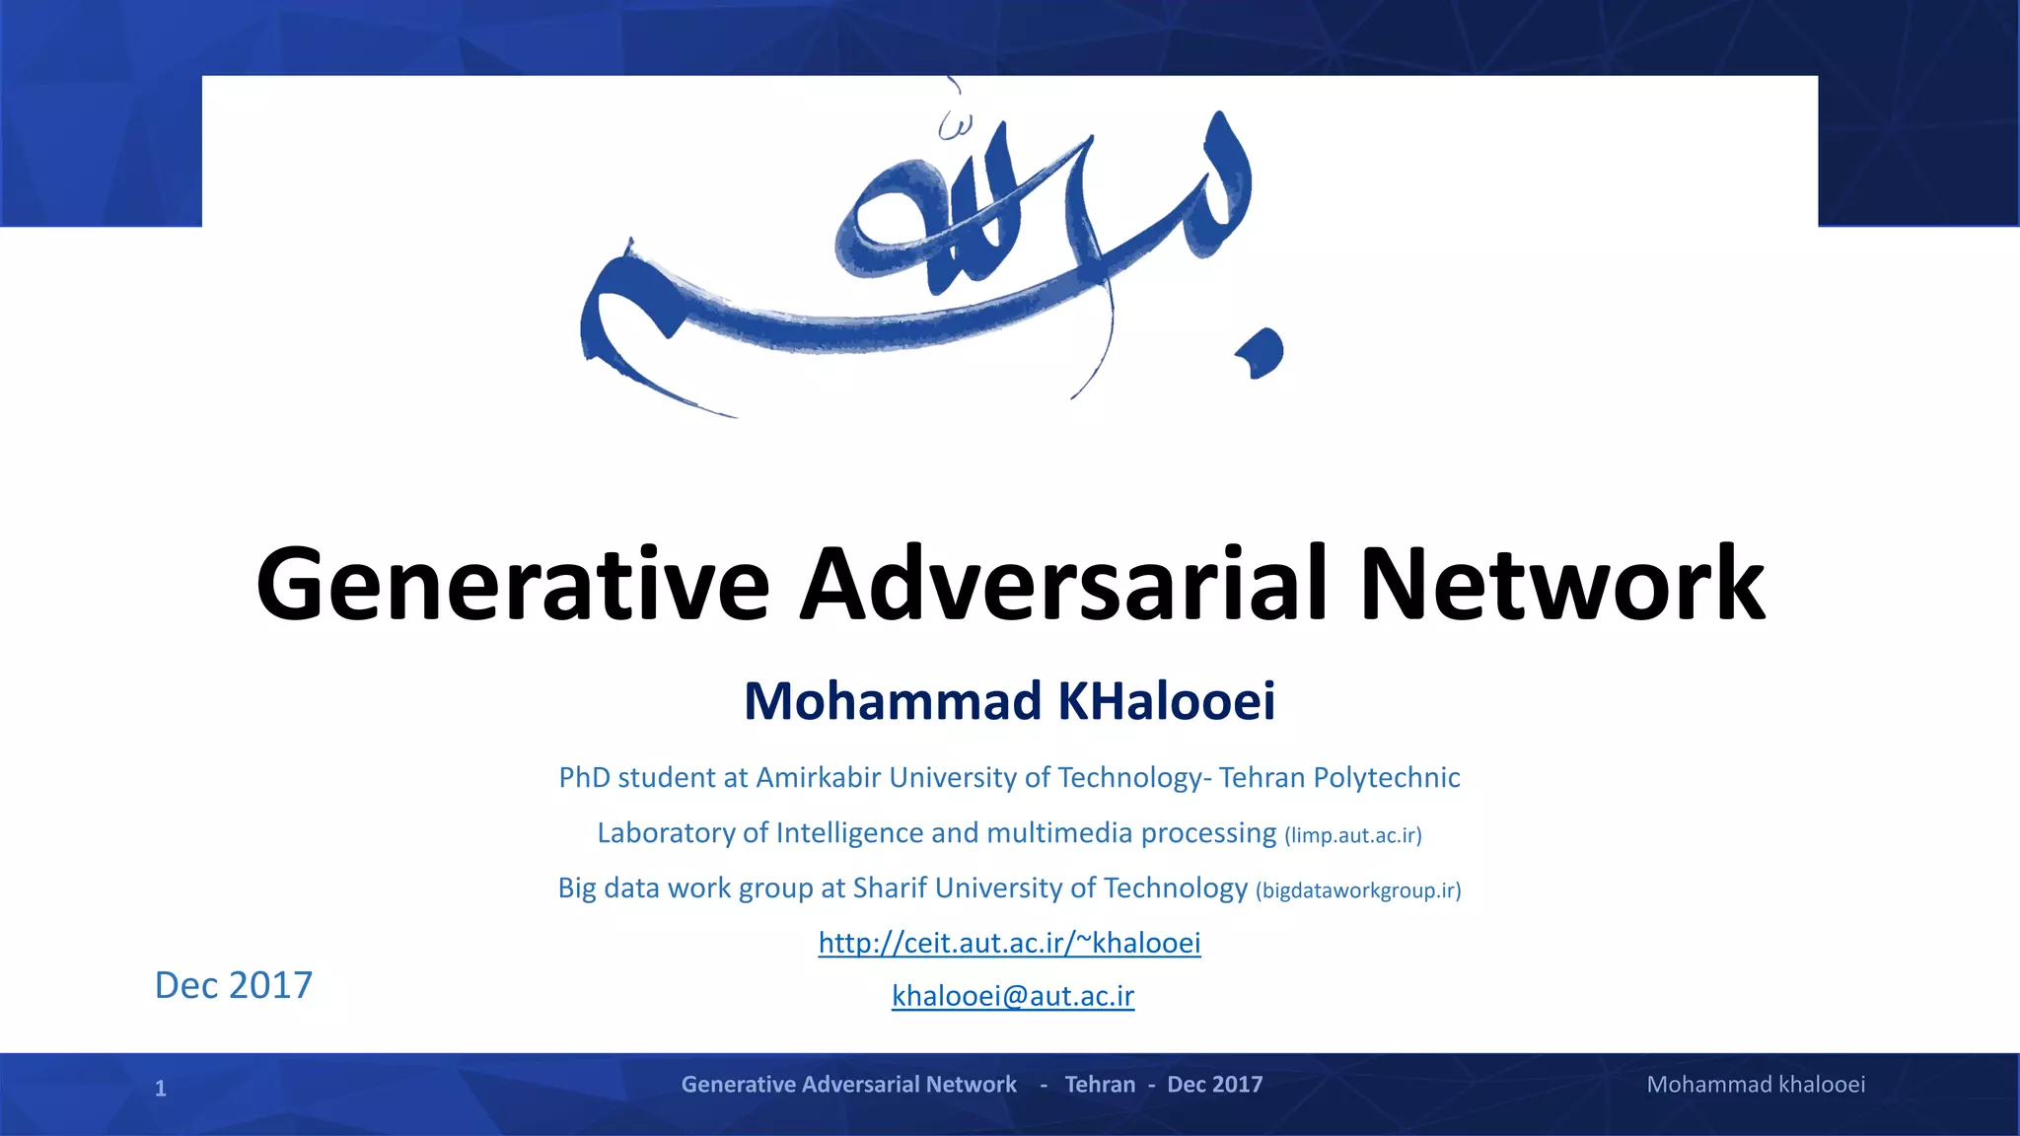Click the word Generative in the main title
(x=512, y=585)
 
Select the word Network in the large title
(x=1561, y=585)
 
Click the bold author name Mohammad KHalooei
(x=1009, y=701)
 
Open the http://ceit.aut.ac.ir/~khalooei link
(x=1009, y=943)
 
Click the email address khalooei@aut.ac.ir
(x=1013, y=996)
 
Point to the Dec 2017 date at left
(x=234, y=985)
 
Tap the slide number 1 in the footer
(x=161, y=1089)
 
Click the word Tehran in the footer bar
(x=1100, y=1085)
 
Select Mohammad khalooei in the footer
(x=1756, y=1085)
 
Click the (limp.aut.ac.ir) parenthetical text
(x=1352, y=836)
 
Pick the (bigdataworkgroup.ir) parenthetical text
(x=1357, y=890)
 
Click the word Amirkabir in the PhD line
(x=818, y=778)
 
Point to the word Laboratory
(x=666, y=833)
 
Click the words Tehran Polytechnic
(x=1338, y=778)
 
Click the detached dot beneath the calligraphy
(x=1262, y=354)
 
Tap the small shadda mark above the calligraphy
(x=954, y=125)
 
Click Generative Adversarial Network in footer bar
(x=848, y=1085)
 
